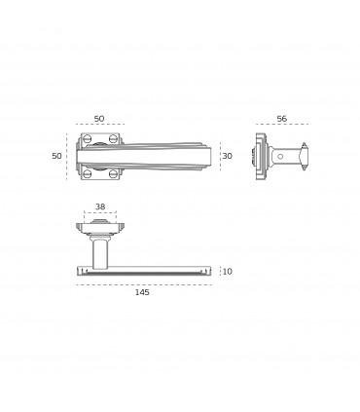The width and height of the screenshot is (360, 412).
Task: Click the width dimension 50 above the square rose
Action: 99,119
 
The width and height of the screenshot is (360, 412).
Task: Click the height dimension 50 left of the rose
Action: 56,156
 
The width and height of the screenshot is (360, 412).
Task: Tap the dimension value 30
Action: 228,156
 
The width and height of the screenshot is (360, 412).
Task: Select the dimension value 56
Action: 282,119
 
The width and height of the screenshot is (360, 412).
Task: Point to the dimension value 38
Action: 100,206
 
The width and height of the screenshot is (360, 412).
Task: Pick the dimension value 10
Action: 228,272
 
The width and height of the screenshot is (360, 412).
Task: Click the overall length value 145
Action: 142,292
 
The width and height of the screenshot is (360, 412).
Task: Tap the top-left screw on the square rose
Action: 88,139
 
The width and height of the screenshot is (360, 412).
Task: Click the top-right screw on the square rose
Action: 113,139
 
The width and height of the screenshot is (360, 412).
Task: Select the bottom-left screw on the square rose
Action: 88,173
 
